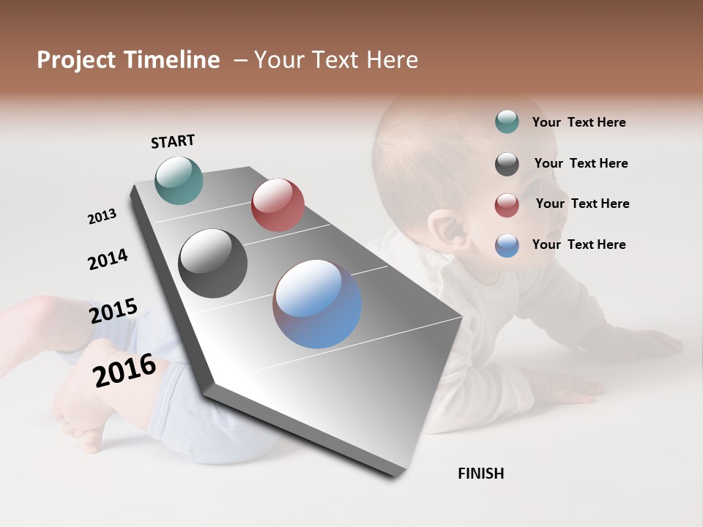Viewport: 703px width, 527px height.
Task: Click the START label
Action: click(x=173, y=141)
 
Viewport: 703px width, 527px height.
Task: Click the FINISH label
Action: click(x=480, y=474)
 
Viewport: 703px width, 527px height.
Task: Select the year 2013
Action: click(x=102, y=217)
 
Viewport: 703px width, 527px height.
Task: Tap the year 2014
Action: click(x=108, y=260)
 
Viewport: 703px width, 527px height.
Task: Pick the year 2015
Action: click(x=113, y=311)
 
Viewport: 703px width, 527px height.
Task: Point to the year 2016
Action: click(x=124, y=370)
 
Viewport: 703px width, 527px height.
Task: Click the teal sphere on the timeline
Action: click(x=179, y=180)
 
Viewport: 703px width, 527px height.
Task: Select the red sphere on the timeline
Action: click(x=278, y=205)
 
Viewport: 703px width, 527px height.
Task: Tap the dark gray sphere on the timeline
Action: click(x=213, y=263)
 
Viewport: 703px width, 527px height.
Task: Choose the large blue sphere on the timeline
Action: click(x=317, y=304)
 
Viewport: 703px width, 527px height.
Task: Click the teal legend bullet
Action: click(x=507, y=122)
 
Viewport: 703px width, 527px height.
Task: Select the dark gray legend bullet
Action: click(x=507, y=164)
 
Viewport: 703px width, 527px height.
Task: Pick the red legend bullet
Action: click(x=507, y=205)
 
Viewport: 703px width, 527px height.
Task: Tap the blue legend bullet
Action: click(x=507, y=245)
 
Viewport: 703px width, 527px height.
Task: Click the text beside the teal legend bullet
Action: click(x=579, y=122)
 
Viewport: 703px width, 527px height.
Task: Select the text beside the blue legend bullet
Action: click(x=579, y=244)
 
